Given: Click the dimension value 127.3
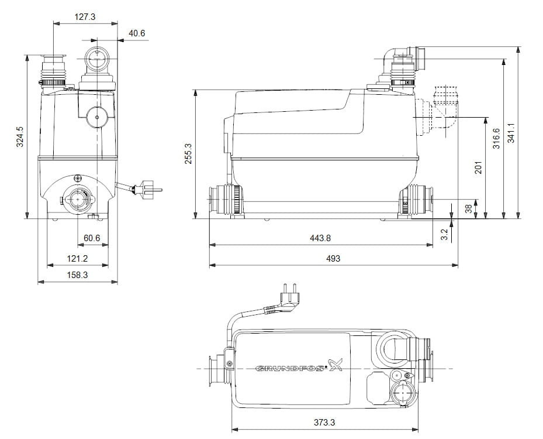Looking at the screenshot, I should tap(85, 17).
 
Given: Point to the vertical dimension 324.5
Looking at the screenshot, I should tap(19, 137).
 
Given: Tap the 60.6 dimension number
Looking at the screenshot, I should tap(92, 238).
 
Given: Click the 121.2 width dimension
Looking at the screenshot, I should tap(77, 258).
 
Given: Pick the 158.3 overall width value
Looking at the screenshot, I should tap(77, 275).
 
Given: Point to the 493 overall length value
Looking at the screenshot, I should tap(333, 258).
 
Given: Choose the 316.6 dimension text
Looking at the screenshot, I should tap(496, 139).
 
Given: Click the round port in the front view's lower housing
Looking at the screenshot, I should tap(77, 198).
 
